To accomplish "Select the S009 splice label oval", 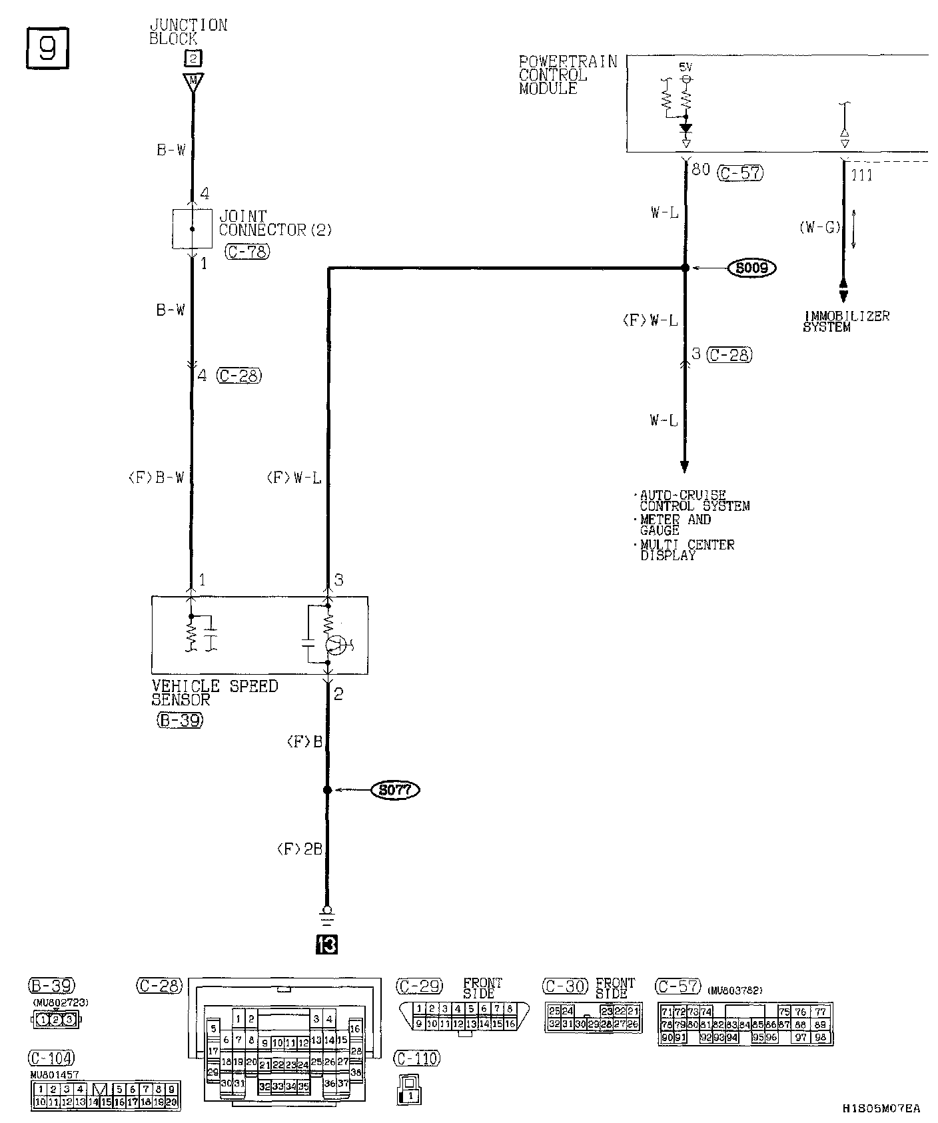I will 752,268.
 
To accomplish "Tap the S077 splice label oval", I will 395,790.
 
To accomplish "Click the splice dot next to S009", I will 685,268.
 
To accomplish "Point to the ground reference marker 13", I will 326,944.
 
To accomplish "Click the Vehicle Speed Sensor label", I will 214,693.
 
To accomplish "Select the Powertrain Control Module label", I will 568,75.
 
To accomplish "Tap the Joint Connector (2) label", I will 274,223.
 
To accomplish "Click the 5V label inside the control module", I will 686,67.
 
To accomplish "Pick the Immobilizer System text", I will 846,321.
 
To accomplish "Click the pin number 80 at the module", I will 701,170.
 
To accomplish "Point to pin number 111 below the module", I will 862,175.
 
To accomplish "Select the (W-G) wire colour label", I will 819,227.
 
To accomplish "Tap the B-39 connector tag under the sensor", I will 180,720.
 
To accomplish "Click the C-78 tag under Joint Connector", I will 247,252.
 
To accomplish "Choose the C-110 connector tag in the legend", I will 418,1058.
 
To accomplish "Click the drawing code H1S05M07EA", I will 881,1109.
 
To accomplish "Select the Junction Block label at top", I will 188,31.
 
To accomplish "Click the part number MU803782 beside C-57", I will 735,990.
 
